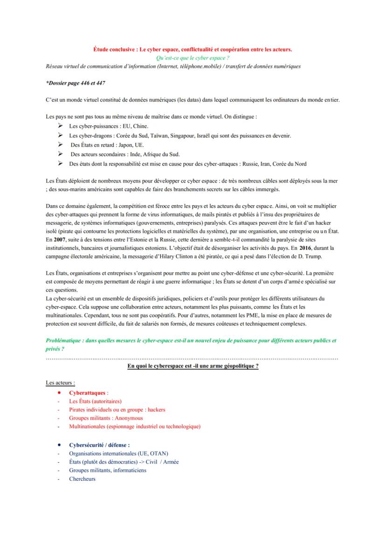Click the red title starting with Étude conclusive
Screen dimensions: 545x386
tap(193, 48)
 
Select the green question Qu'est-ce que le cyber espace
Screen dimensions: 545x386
tap(193, 57)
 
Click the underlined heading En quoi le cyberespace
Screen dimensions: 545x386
tap(193, 366)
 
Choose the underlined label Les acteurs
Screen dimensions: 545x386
tap(60, 383)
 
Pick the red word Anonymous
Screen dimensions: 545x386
tap(129, 418)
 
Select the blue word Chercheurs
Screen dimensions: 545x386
tap(82, 479)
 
